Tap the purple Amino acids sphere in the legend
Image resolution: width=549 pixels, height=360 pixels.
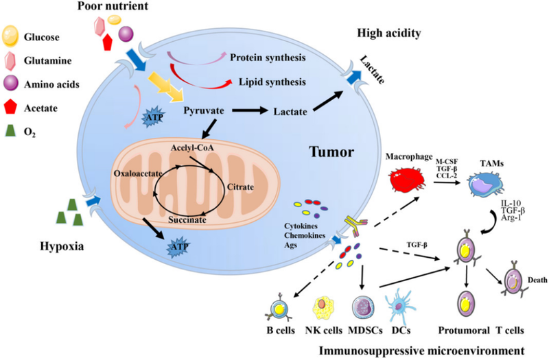[x=14, y=84]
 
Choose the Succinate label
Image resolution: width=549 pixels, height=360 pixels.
[x=191, y=219]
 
